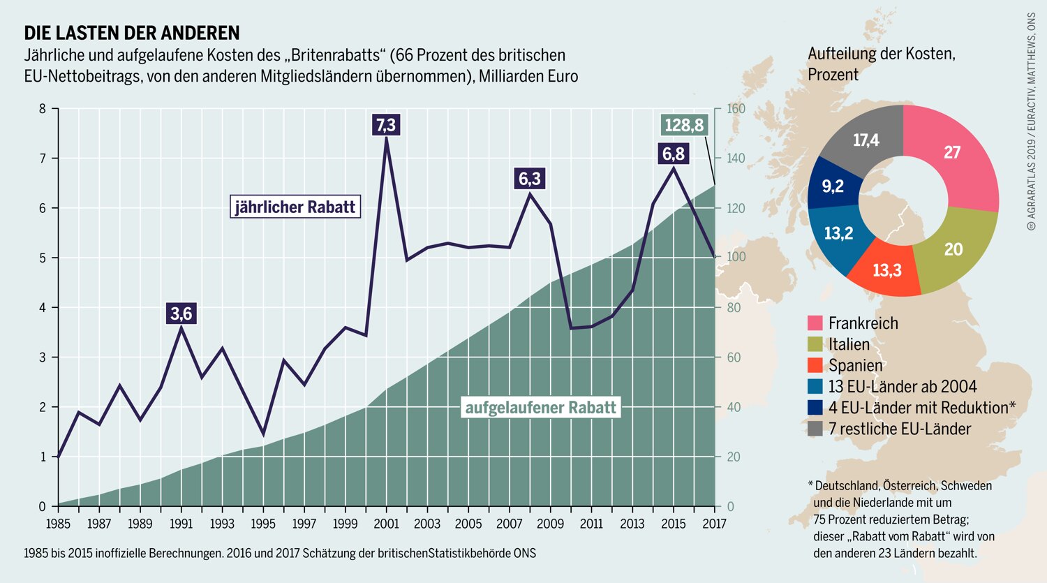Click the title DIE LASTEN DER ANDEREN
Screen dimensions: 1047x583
tap(132, 34)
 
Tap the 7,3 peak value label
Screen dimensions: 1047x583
tap(386, 125)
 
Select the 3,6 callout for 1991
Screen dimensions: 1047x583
tap(181, 313)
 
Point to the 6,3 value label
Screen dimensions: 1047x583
tap(530, 179)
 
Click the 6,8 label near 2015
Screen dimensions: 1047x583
tap(674, 154)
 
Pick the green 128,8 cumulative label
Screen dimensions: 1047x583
tap(684, 125)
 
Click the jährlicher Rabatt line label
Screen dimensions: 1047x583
tap(295, 207)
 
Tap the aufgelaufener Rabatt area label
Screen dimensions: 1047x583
tap(541, 407)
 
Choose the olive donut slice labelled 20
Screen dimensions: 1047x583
tap(956, 250)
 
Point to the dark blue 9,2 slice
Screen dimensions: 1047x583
tap(834, 184)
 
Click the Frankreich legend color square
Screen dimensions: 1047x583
tap(815, 323)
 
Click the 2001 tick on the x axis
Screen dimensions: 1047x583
tap(386, 523)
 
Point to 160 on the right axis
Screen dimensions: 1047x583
tap(736, 109)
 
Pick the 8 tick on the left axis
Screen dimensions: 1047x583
tap(43, 109)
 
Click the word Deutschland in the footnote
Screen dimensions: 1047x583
tap(847, 486)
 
